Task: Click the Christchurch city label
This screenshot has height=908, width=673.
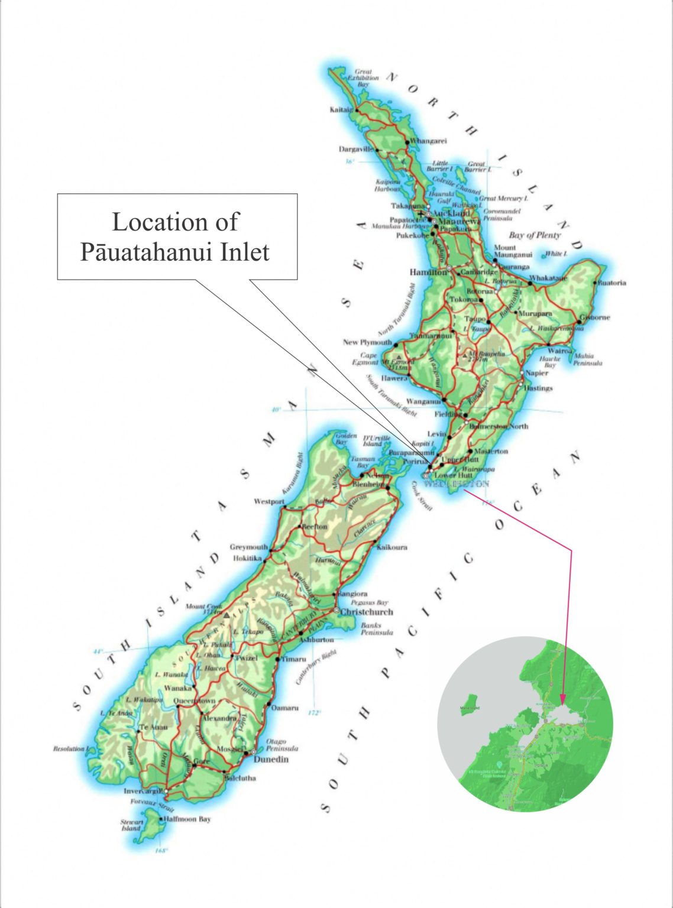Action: click(366, 612)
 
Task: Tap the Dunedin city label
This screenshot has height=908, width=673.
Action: click(270, 759)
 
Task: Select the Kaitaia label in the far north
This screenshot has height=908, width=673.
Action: click(341, 110)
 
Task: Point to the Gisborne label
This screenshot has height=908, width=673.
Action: click(594, 317)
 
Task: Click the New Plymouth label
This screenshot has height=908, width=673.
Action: click(367, 342)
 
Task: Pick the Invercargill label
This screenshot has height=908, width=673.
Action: click(143, 791)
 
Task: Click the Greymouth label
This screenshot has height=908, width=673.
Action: click(248, 547)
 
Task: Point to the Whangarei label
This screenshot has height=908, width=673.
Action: click(428, 141)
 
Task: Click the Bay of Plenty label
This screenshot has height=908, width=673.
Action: click(535, 235)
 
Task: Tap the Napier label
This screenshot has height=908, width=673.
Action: click(536, 373)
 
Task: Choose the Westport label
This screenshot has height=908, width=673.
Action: click(269, 501)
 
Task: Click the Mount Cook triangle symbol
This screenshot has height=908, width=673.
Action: click(226, 615)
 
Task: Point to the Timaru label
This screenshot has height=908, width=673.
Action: click(293, 659)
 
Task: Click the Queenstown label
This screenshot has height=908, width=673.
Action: click(195, 701)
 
